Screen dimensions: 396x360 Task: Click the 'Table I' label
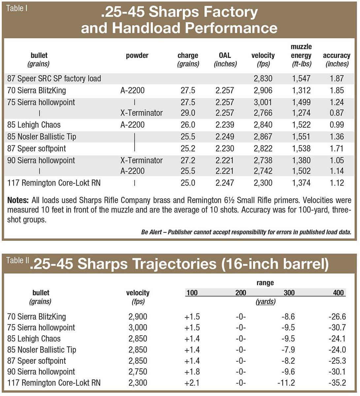pyautogui.click(x=17, y=8)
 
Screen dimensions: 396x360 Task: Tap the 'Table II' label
pyautogui.click(x=15, y=260)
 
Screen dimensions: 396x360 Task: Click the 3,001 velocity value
pyautogui.click(x=263, y=102)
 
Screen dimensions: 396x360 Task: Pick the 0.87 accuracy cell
pyautogui.click(x=337, y=113)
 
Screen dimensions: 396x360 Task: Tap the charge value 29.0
pyautogui.click(x=188, y=113)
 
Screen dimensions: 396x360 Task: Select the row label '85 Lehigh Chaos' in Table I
pyautogui.click(x=34, y=125)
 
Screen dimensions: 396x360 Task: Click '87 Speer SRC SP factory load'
pyautogui.click(x=54, y=79)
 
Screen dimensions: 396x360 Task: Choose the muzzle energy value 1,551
pyautogui.click(x=301, y=137)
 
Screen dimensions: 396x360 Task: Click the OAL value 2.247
pyautogui.click(x=225, y=183)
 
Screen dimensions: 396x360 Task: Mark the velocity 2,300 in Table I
pyautogui.click(x=263, y=183)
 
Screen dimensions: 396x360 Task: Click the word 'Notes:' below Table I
pyautogui.click(x=18, y=200)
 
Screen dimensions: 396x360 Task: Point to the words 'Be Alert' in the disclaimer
pyautogui.click(x=151, y=232)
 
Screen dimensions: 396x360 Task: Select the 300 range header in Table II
pyautogui.click(x=289, y=293)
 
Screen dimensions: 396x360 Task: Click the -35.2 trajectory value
pyautogui.click(x=337, y=383)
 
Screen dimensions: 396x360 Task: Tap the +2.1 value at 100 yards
pyautogui.click(x=192, y=383)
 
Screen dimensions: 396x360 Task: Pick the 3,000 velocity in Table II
pyautogui.click(x=138, y=328)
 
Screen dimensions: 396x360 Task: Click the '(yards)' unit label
pyautogui.click(x=266, y=302)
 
